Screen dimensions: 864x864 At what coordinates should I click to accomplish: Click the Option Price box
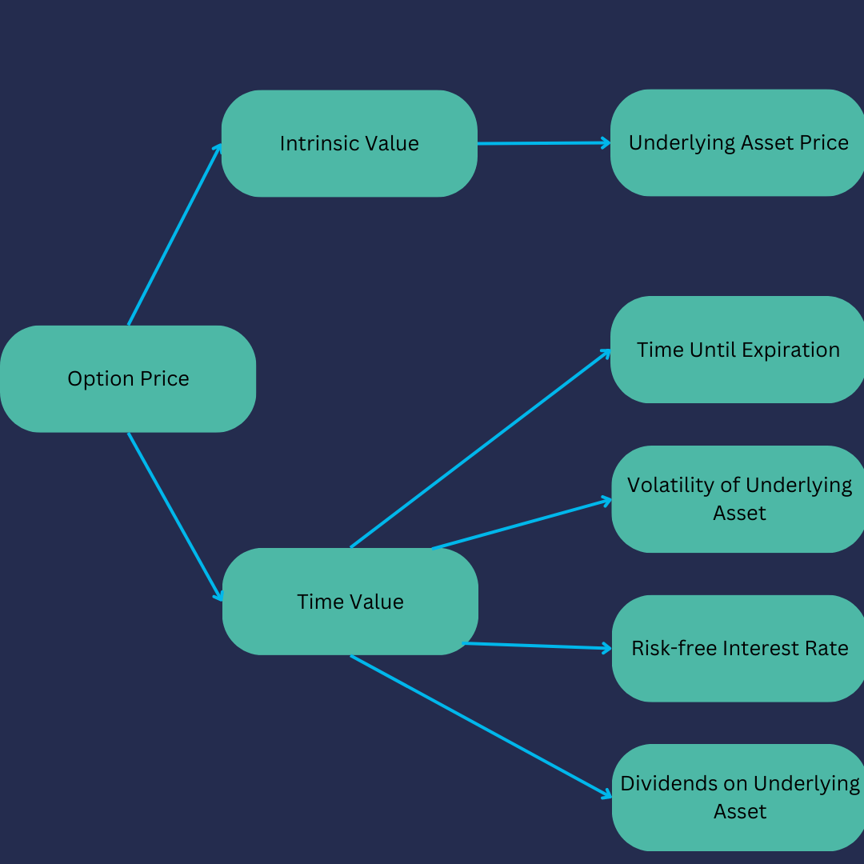pyautogui.click(x=128, y=378)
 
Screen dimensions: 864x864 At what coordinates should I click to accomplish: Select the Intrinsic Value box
pyautogui.click(x=349, y=143)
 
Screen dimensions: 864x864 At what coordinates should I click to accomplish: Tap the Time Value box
pyautogui.click(x=350, y=602)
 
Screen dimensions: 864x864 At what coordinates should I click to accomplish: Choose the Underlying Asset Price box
pyautogui.click(x=738, y=142)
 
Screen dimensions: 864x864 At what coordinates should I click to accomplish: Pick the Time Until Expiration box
pyautogui.click(x=738, y=350)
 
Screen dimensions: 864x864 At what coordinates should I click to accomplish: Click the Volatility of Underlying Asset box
pyautogui.click(x=738, y=498)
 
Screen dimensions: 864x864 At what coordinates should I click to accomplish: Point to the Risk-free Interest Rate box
pyautogui.click(x=739, y=648)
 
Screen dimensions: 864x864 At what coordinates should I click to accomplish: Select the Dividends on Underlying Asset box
pyautogui.click(x=739, y=797)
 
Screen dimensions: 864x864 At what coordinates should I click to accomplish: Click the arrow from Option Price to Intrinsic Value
pyautogui.click(x=175, y=234)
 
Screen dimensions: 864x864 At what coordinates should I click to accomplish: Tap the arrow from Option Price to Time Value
pyautogui.click(x=175, y=517)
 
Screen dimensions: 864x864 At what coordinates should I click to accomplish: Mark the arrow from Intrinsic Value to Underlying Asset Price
pyautogui.click(x=544, y=143)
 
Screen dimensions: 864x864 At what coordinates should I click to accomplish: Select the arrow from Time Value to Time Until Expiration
pyautogui.click(x=480, y=448)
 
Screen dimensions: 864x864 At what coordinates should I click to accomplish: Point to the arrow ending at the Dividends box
pyautogui.click(x=480, y=726)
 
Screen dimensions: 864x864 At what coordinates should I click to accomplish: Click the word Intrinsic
pyautogui.click(x=315, y=143)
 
